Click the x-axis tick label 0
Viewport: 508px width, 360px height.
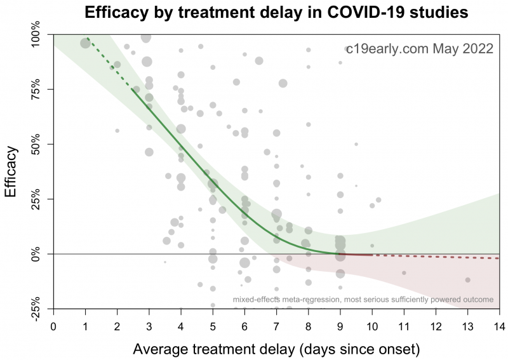(53, 326)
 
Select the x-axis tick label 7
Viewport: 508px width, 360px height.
(276, 326)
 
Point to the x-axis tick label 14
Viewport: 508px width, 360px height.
(499, 326)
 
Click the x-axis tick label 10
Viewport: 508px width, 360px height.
(372, 326)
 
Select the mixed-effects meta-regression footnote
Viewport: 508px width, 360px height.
(363, 299)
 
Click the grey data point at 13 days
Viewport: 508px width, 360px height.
(467, 280)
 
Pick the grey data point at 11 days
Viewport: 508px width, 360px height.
(404, 273)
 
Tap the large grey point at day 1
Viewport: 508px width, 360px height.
(86, 43)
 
